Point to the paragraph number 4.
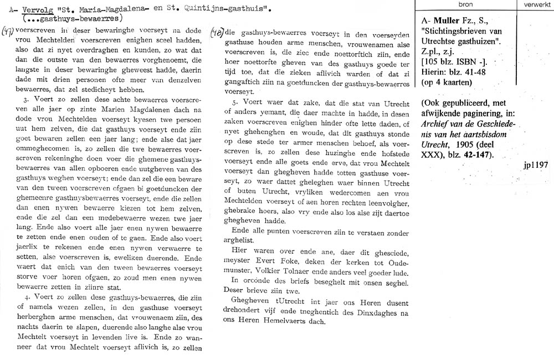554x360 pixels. (x=27, y=297)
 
